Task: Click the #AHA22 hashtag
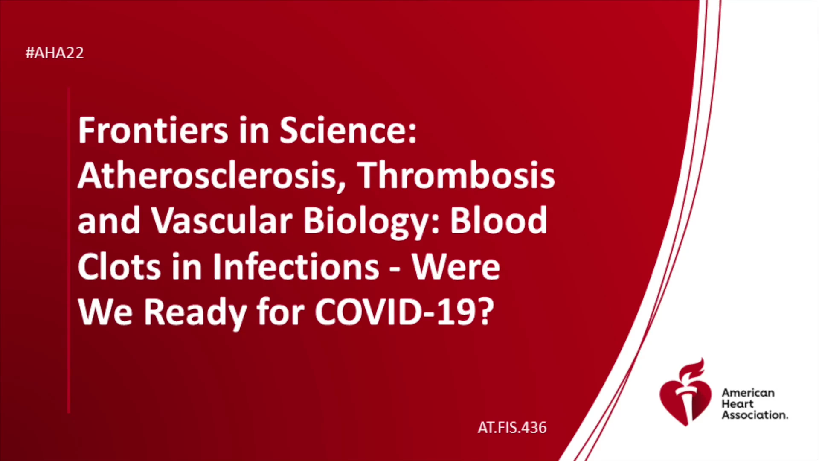pyautogui.click(x=55, y=53)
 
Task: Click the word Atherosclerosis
pyautogui.click(x=212, y=176)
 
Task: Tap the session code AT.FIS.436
pyautogui.click(x=512, y=428)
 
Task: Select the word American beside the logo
pyautogui.click(x=748, y=393)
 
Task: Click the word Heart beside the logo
pyautogui.click(x=738, y=404)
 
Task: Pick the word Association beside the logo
pyautogui.click(x=755, y=415)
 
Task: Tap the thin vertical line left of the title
pyautogui.click(x=68, y=250)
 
